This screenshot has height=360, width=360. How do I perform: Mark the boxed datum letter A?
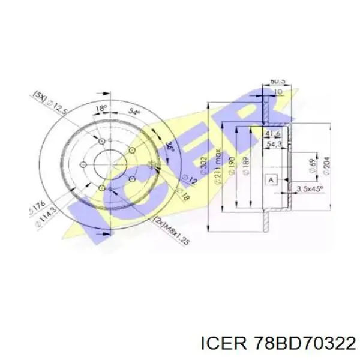270,179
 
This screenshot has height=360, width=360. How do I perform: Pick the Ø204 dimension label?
326,164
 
